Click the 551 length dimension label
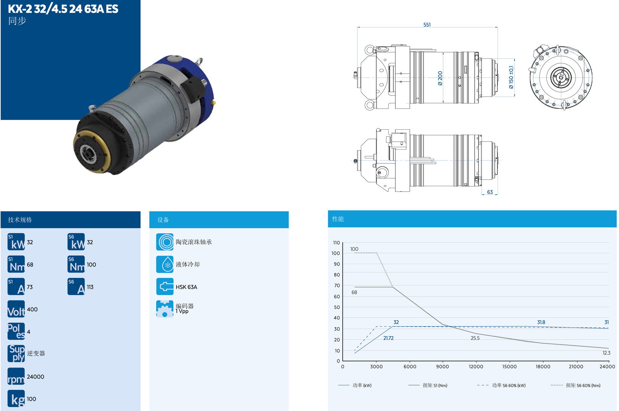click(x=427, y=25)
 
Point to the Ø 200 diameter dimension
click(x=440, y=78)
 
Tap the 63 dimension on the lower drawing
click(x=490, y=192)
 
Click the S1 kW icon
click(x=16, y=242)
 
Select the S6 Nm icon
click(x=76, y=264)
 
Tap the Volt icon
click(x=16, y=309)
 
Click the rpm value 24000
click(x=36, y=377)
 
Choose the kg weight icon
click(x=16, y=398)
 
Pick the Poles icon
click(x=16, y=331)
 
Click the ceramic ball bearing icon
click(x=165, y=242)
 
